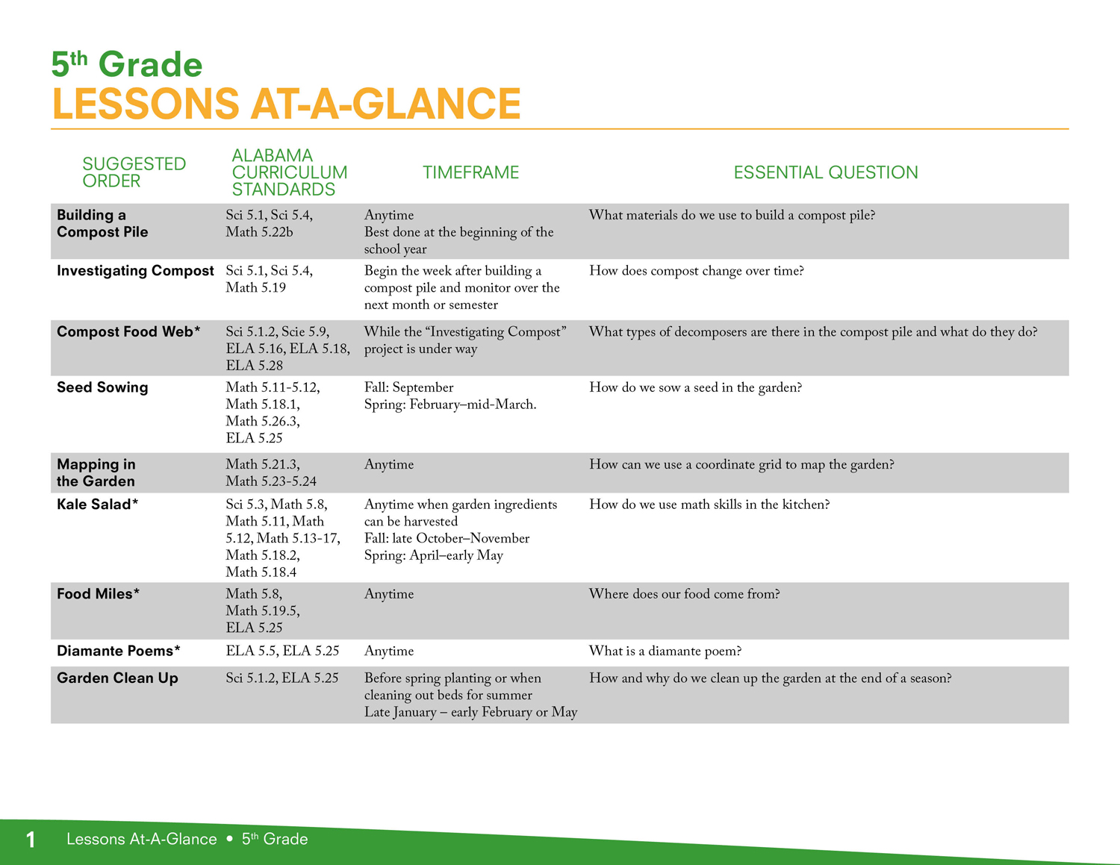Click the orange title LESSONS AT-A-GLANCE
point(287,104)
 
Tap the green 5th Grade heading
point(127,64)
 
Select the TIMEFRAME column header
point(470,172)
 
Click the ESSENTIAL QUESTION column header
point(826,172)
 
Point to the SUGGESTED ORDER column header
point(134,172)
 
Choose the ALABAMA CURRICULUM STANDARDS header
point(289,172)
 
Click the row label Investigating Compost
point(135,271)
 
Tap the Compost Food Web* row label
point(128,331)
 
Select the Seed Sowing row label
point(102,387)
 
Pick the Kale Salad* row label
point(97,504)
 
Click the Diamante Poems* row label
point(119,651)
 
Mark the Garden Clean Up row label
point(117,678)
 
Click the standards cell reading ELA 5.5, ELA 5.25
point(282,651)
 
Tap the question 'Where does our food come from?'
point(685,594)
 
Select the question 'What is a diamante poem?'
point(665,652)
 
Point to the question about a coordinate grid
point(741,465)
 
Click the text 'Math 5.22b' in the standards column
point(259,232)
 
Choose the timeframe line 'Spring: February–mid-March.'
point(450,405)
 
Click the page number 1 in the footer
point(31,840)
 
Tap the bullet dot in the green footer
point(229,839)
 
